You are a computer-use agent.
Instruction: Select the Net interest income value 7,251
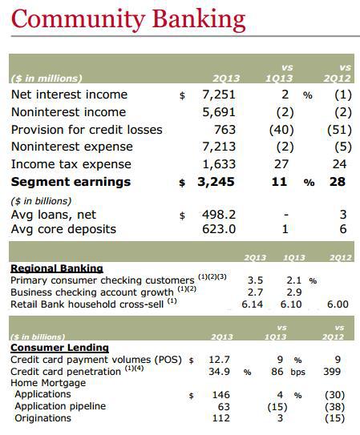click(219, 95)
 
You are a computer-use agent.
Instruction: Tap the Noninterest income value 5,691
click(219, 112)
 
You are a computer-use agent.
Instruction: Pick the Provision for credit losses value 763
click(224, 130)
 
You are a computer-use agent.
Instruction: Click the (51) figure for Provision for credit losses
click(339, 130)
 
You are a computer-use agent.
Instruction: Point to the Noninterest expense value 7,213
click(219, 147)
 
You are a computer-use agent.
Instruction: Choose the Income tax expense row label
click(71, 164)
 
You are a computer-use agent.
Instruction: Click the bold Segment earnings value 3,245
click(216, 182)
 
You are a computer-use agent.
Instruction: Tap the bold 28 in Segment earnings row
click(338, 182)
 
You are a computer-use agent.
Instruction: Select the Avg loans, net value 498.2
click(219, 215)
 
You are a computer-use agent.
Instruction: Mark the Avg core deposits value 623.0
click(219, 229)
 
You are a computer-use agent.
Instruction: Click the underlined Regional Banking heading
click(57, 268)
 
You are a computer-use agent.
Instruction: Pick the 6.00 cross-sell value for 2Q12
click(338, 304)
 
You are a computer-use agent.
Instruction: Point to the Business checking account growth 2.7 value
click(255, 292)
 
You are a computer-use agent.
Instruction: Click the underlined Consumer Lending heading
click(59, 348)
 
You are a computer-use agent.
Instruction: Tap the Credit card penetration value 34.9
click(219, 372)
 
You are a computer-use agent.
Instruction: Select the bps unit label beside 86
click(297, 372)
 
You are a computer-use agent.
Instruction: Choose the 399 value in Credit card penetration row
click(332, 372)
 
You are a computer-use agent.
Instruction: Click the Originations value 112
click(221, 418)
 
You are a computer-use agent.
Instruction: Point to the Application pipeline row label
click(60, 406)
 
